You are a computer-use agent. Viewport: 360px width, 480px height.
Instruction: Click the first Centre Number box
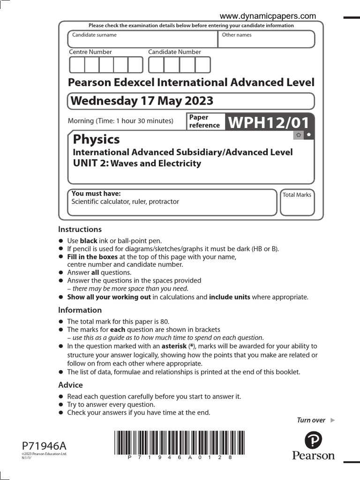click(77, 65)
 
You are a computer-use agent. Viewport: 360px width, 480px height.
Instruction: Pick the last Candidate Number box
click(203, 65)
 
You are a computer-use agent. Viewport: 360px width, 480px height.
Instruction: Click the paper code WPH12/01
click(269, 123)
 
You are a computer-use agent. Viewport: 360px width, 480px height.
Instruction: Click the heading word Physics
click(96, 139)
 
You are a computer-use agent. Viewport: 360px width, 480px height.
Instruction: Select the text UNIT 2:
click(90, 163)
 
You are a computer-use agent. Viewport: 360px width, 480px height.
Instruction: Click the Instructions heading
click(80, 229)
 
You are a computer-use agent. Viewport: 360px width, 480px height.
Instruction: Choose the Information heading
click(80, 310)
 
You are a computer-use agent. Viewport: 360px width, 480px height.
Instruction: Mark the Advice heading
click(70, 385)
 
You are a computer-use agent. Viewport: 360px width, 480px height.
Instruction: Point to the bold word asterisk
click(174, 346)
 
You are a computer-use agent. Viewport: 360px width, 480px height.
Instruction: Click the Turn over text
click(311, 420)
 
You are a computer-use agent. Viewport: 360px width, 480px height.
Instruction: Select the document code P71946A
click(41, 445)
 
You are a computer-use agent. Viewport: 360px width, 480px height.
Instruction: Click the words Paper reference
click(204, 121)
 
